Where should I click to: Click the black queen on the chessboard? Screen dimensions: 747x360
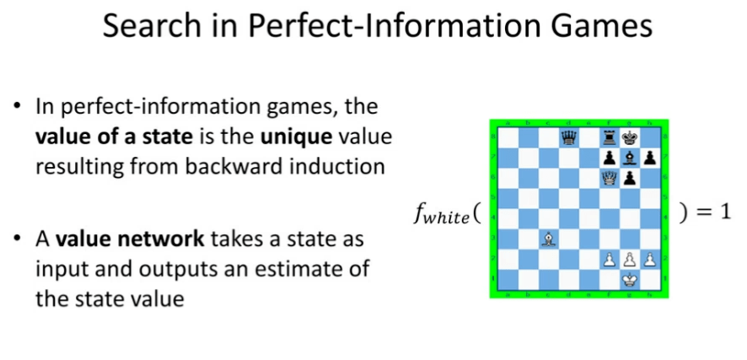(568, 137)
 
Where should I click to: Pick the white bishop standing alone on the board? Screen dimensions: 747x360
(548, 239)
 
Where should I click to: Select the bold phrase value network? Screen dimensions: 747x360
(130, 239)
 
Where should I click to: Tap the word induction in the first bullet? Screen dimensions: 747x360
(339, 167)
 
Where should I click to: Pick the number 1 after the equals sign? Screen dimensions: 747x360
(724, 212)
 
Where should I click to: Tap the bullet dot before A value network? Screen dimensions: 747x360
(18, 238)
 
